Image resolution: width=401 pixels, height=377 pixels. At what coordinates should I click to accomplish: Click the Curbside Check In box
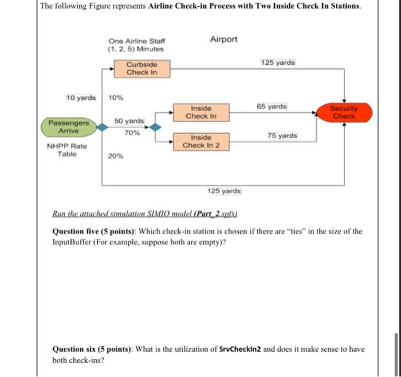point(141,69)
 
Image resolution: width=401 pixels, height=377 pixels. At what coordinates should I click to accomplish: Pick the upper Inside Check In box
point(201,112)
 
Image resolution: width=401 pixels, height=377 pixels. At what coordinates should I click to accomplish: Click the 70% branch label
point(132,133)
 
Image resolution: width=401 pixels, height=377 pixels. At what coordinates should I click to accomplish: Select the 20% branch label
point(115,156)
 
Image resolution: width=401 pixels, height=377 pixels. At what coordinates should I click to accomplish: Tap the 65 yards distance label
point(272,107)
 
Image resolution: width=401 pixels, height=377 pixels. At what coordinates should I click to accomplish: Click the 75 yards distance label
point(282,135)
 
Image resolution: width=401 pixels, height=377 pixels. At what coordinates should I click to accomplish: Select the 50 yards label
point(129,121)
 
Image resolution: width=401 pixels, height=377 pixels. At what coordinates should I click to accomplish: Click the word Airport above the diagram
point(223,39)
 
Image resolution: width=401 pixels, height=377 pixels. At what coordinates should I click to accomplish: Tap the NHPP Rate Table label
point(67,150)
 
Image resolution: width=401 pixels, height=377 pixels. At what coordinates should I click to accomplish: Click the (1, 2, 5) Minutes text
point(136,49)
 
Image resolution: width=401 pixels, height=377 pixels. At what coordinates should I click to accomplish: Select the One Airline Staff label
point(136,41)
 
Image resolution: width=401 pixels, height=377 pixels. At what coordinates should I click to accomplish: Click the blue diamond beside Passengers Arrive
point(102,127)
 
